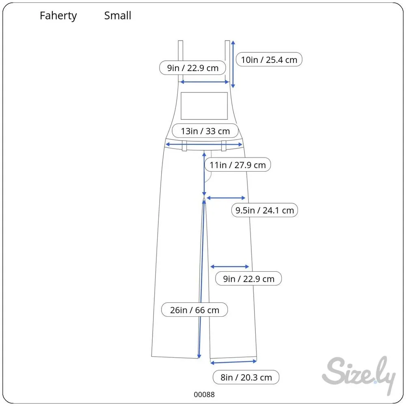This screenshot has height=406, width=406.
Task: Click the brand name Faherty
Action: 58,16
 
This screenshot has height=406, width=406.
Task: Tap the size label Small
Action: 117,16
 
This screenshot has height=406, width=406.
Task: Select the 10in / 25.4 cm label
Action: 269,60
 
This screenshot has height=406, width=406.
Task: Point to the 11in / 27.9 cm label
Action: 238,165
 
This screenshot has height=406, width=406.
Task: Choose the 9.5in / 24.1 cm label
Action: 264,210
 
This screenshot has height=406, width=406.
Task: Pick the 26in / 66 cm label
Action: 194,310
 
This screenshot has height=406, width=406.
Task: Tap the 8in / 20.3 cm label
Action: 246,377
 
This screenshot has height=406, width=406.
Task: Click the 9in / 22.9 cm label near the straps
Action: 193,68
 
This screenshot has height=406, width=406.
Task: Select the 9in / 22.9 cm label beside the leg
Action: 248,279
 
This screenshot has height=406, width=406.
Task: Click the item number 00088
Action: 204,394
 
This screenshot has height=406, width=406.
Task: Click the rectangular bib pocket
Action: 204,106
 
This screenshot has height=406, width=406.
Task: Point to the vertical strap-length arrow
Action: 233,64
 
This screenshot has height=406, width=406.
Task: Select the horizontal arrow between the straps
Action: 205,82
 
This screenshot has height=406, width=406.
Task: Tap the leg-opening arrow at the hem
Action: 233,361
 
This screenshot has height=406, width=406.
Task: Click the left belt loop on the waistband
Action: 184,145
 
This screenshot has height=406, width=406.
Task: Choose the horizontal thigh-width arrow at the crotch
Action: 226,198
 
